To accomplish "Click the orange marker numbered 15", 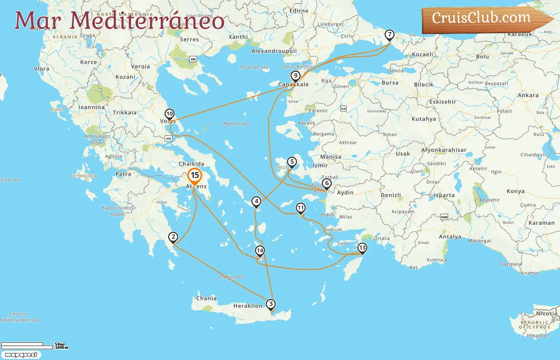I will pos(195,176).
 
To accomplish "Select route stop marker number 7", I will pos(389,35).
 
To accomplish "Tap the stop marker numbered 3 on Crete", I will pos(271,304).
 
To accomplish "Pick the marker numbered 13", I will pos(362,248).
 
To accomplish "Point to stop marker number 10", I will pos(170,114).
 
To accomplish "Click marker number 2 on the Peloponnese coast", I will pos(173,237).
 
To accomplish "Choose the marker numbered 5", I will pos(292,162).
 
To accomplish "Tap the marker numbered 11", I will pos(300,208).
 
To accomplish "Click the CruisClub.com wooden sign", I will pos(482,18).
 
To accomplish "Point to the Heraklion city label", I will pos(248,306).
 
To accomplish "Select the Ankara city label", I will pos(528,96).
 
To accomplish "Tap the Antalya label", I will pos(450,237).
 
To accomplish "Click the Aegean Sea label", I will pos(236,124).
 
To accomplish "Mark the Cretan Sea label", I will pos(231,277).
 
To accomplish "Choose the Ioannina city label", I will pos(91,107).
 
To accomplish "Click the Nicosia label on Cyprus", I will pos(547,314).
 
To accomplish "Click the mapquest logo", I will pos(21,355).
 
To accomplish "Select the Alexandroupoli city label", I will pos(274,51).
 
